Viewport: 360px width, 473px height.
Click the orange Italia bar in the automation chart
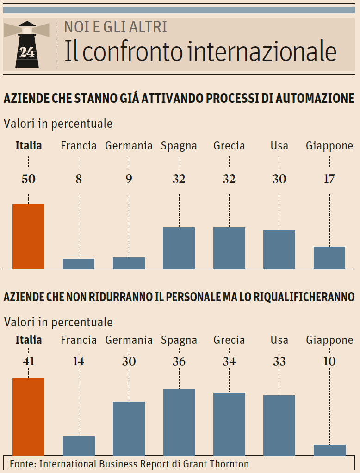click(x=28, y=236)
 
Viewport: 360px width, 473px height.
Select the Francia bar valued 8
click(x=79, y=264)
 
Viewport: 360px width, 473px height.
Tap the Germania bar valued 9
click(x=129, y=263)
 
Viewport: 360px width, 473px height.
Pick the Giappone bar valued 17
click(x=329, y=258)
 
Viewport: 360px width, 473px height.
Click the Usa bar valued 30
click(x=279, y=249)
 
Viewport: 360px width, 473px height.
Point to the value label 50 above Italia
click(x=28, y=179)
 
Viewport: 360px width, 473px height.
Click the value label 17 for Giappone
click(x=329, y=179)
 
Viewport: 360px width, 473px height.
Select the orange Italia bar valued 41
click(x=28, y=417)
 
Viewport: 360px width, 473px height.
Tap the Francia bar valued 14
click(x=79, y=446)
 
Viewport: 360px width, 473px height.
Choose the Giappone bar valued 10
click(x=329, y=450)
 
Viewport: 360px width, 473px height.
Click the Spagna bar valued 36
click(x=179, y=422)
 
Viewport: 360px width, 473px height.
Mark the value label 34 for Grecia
click(x=229, y=361)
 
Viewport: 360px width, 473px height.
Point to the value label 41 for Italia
click(x=28, y=361)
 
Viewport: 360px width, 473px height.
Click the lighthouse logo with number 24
click(x=26, y=45)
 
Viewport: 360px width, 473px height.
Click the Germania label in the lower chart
click(x=129, y=340)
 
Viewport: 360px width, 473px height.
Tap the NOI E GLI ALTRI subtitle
click(x=115, y=27)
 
